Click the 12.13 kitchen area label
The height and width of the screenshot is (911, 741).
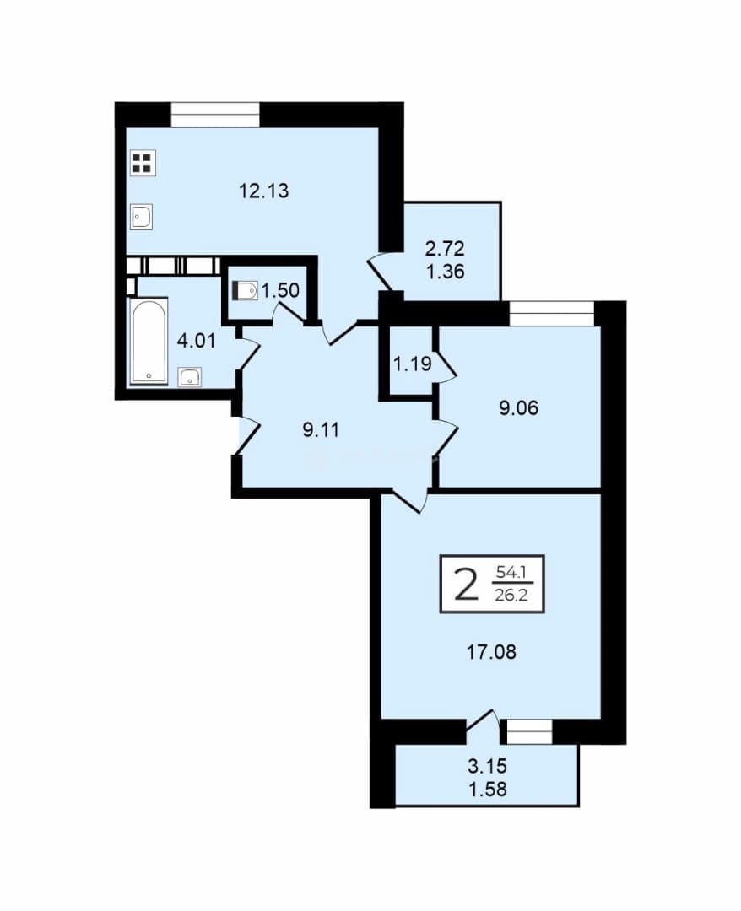(264, 191)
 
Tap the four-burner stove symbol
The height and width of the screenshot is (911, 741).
(142, 163)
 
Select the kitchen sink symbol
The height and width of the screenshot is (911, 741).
(141, 217)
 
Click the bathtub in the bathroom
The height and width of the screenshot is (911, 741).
(149, 341)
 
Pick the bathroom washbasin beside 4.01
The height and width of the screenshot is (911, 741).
(190, 377)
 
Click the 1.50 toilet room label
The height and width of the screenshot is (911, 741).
(280, 290)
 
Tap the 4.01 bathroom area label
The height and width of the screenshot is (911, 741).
(196, 341)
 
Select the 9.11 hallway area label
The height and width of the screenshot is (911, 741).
(321, 430)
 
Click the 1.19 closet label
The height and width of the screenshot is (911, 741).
(412, 364)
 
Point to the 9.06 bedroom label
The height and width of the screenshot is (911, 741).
(519, 408)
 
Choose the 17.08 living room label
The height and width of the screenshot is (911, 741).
(492, 652)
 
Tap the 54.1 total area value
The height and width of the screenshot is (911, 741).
(511, 573)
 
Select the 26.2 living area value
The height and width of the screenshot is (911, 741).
(511, 595)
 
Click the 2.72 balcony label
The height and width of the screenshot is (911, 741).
(445, 249)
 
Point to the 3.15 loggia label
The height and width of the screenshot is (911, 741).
(488, 766)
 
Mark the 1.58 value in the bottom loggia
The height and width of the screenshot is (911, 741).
(488, 790)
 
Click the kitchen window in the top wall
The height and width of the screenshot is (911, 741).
(215, 114)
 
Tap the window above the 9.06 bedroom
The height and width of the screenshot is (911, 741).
(552, 313)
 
